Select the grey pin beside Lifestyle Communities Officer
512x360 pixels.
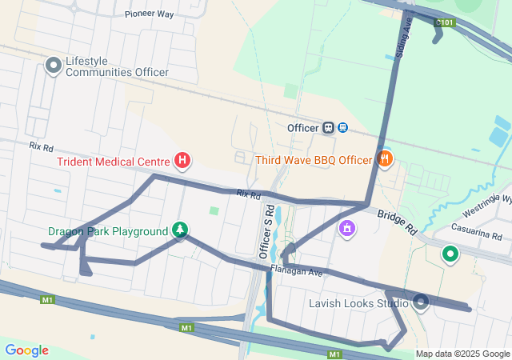point(54,66)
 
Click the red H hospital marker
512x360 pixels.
point(182,162)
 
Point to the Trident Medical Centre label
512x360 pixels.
point(113,162)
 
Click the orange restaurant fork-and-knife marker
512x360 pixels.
point(385,159)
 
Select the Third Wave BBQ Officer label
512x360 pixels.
point(314,160)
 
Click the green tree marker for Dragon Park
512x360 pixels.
point(180,231)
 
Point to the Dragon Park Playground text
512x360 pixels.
point(108,232)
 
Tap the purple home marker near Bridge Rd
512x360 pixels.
point(346,230)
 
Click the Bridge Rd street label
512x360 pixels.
point(398,222)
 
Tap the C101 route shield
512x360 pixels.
point(446,22)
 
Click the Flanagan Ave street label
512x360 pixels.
point(295,271)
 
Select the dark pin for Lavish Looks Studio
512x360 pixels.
point(421,302)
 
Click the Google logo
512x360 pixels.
point(26,350)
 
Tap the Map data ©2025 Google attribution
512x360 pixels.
point(461,354)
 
